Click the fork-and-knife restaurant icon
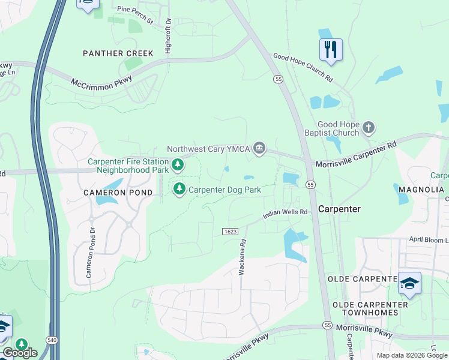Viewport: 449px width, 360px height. point(330,50)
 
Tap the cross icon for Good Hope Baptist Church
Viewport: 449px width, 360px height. point(369,127)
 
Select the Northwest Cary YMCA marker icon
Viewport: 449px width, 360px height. point(259,149)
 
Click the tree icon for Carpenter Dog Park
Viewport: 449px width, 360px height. point(179,190)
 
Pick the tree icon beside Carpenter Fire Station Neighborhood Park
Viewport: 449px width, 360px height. point(177,164)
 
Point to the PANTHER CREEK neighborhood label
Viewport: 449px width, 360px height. point(118,53)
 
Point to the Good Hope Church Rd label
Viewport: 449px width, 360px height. point(303,67)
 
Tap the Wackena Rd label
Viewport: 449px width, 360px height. point(243,257)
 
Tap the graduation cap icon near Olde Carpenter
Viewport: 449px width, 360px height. point(409,283)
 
